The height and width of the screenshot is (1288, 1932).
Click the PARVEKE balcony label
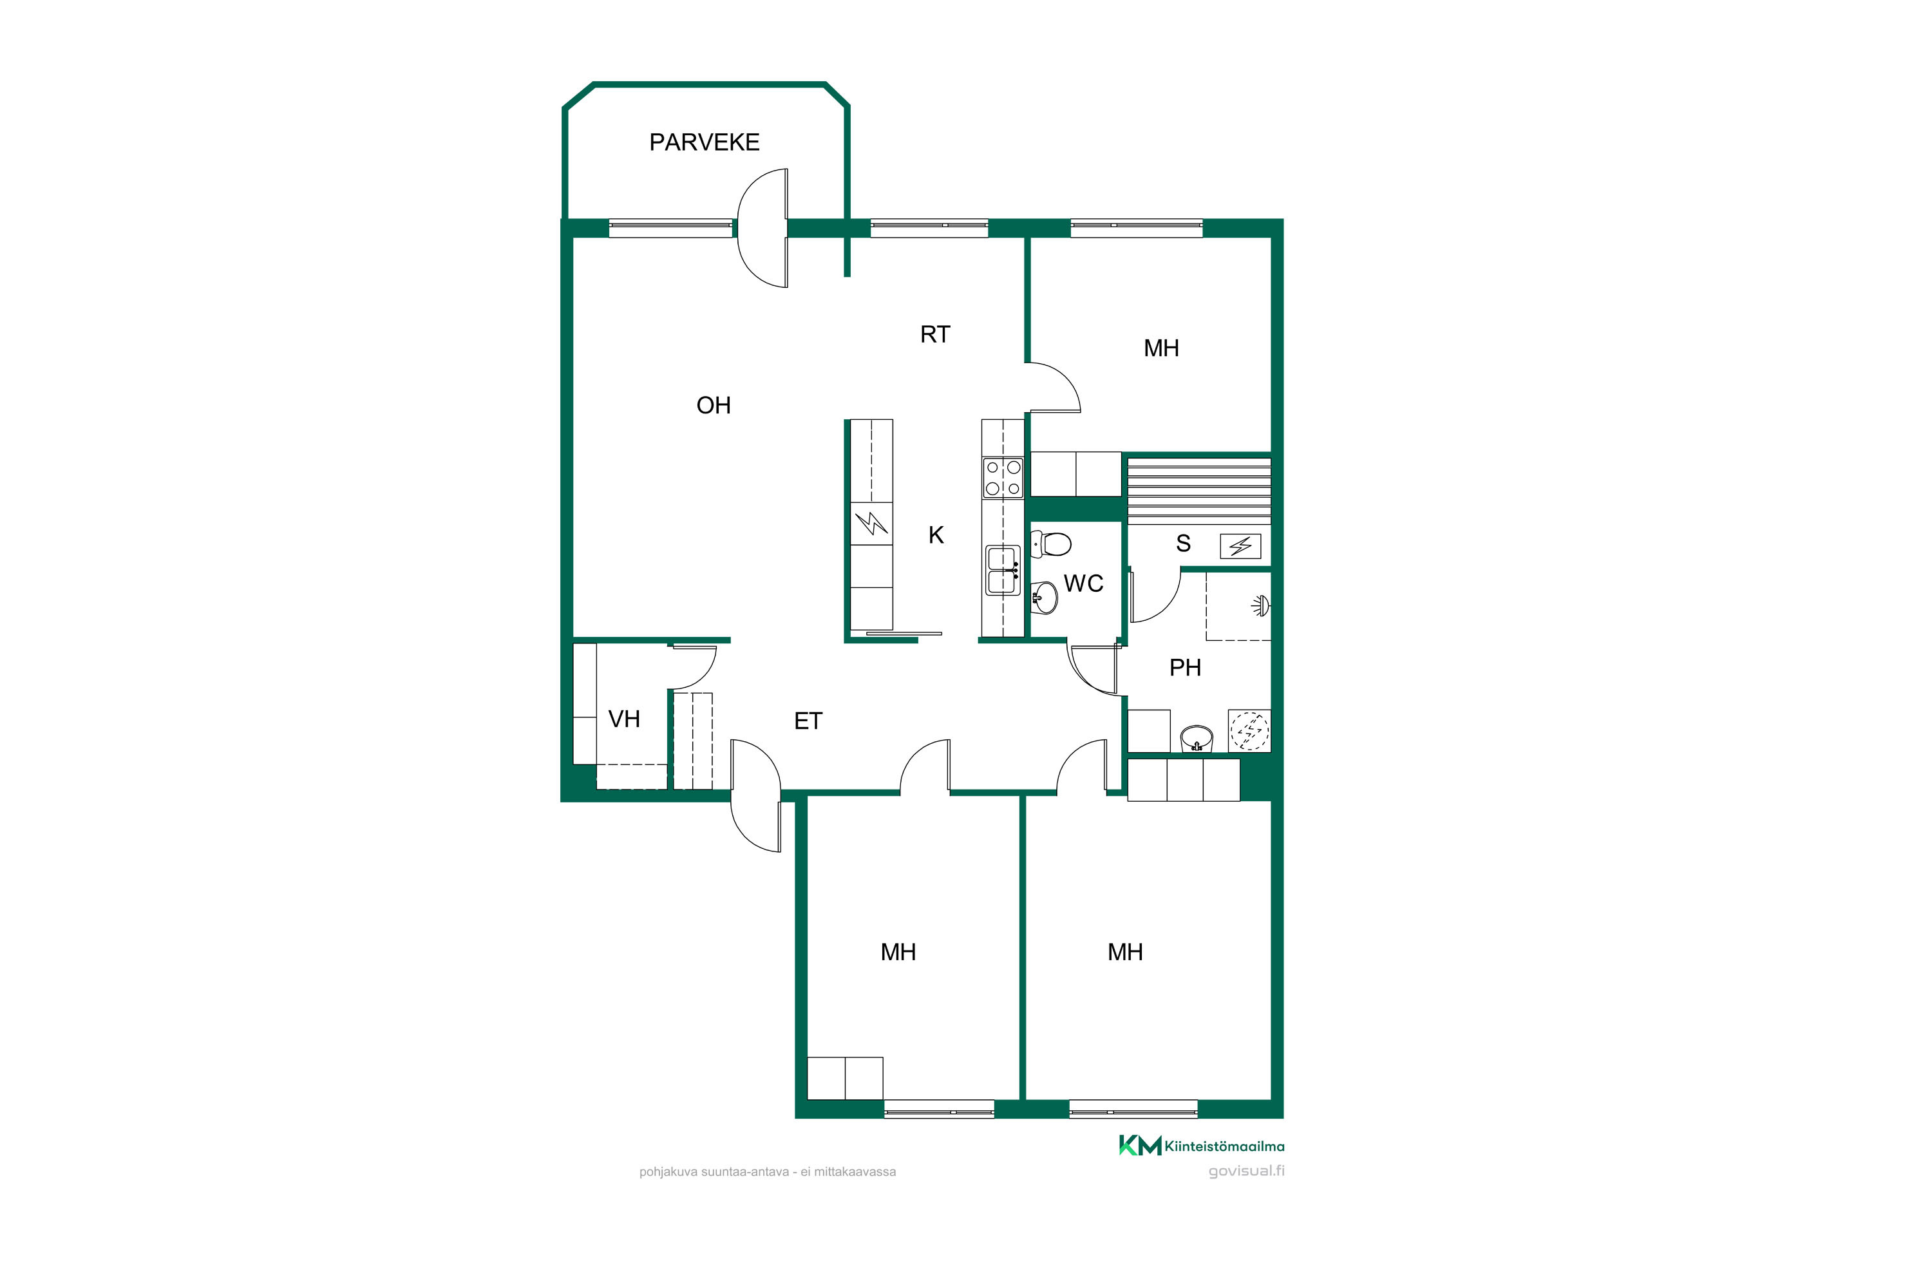point(704,142)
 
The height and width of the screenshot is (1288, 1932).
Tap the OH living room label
point(713,405)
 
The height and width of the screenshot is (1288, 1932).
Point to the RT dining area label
point(935,334)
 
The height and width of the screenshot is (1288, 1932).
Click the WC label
point(1083,583)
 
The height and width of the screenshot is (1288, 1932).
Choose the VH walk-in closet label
point(623,719)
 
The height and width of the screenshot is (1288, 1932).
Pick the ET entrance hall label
point(808,721)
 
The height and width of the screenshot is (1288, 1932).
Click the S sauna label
point(1183,543)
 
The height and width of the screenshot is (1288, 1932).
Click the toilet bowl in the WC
point(1052,544)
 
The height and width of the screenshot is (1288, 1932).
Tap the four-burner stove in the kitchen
point(1003,478)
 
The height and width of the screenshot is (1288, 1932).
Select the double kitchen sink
point(1003,570)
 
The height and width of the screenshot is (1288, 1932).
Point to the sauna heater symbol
point(1240,546)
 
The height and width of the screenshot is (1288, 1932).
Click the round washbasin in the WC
point(1044,597)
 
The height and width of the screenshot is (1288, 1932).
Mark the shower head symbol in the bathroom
point(1261,606)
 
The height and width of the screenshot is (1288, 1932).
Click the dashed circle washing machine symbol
point(1249,730)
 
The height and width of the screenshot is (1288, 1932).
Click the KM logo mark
point(1140,1145)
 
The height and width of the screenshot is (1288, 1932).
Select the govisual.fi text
point(1246,1171)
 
